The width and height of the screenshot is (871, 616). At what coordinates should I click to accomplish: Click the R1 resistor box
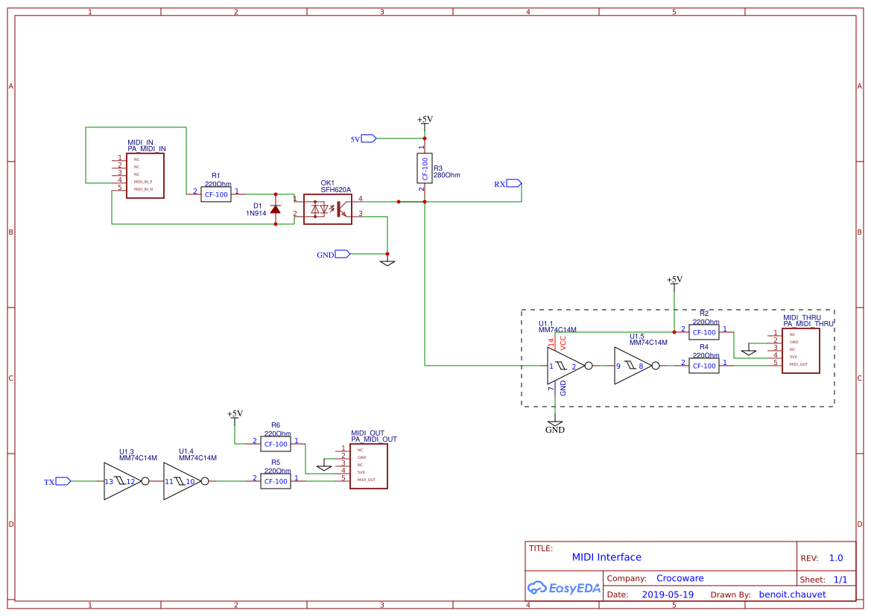click(x=216, y=194)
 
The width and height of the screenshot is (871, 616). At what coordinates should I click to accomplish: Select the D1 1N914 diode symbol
click(x=275, y=209)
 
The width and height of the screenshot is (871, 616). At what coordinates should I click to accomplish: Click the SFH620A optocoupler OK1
click(x=327, y=209)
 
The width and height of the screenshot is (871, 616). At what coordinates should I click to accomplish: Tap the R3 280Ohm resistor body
click(x=424, y=168)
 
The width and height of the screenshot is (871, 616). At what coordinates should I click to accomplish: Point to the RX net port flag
click(x=513, y=183)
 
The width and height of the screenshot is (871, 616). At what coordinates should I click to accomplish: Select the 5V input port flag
click(x=368, y=138)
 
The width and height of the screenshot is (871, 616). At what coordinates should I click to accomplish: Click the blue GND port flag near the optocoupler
click(x=342, y=254)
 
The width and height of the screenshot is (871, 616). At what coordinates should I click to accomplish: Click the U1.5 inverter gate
click(x=632, y=366)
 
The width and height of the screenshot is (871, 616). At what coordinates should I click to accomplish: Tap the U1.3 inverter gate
click(x=121, y=481)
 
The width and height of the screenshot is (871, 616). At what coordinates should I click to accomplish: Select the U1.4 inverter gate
click(x=181, y=481)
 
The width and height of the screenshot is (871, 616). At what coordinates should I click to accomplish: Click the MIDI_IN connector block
click(x=145, y=176)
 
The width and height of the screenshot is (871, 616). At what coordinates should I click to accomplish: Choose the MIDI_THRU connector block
click(x=800, y=350)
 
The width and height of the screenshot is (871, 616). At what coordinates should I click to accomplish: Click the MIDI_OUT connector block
click(x=368, y=466)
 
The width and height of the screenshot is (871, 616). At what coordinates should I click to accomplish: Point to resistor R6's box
click(x=275, y=444)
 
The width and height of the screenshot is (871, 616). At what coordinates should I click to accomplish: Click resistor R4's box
click(x=703, y=366)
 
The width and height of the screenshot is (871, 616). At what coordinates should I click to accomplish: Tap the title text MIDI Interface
click(x=606, y=557)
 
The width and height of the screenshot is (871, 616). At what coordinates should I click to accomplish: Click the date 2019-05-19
click(x=668, y=594)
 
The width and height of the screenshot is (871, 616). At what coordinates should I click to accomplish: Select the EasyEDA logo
click(x=564, y=588)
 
